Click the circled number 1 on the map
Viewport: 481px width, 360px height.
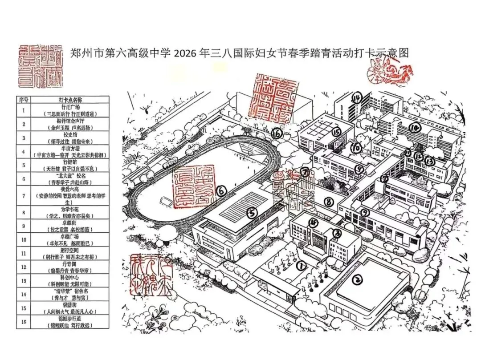302,266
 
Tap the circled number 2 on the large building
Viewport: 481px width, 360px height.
356,280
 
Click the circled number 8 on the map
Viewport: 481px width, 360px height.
329,202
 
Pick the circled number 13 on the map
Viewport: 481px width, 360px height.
430,160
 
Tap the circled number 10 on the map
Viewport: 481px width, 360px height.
355,147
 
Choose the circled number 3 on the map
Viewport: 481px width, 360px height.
338,233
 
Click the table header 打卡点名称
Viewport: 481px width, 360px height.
70,100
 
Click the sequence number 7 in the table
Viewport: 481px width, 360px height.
23,195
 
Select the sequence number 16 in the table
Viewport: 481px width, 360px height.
23,322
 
